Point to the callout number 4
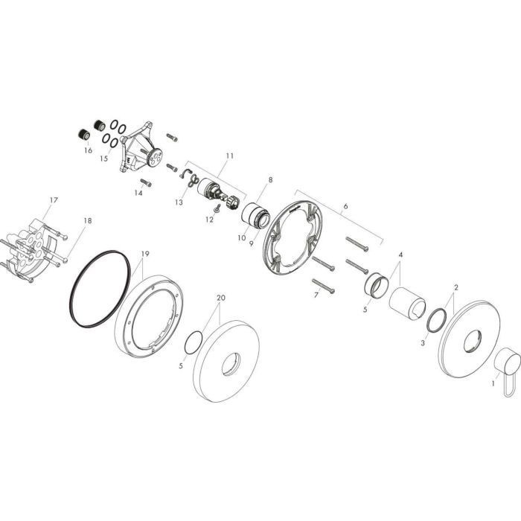400,255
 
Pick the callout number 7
315,296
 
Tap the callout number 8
270,179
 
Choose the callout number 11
229,156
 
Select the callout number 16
88,150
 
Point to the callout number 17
54,199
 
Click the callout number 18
88,220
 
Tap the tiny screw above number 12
216,209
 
